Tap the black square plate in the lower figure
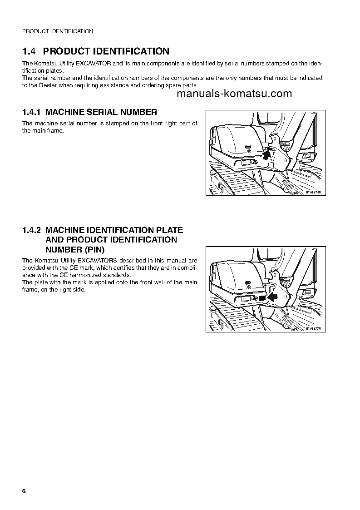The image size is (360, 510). [x=262, y=298]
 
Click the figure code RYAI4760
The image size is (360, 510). [x=313, y=193]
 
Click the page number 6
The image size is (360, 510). [x=24, y=492]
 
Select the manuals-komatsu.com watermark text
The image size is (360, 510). [x=234, y=94]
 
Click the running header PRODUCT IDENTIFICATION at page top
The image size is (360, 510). [x=57, y=31]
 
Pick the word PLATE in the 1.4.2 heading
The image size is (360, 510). [x=170, y=230]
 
